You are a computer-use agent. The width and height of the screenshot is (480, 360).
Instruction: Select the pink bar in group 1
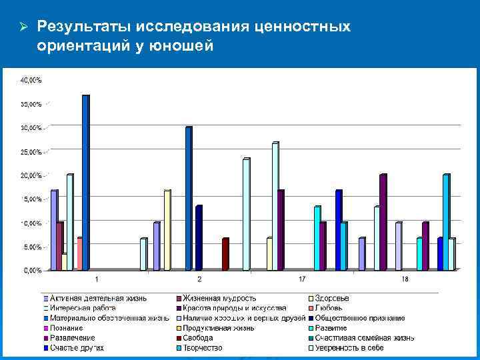click(x=79, y=254)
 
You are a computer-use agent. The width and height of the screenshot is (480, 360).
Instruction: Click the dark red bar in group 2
click(x=225, y=254)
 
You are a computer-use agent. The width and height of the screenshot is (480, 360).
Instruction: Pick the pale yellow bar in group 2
click(x=167, y=230)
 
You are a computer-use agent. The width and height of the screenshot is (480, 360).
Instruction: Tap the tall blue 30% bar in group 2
click(x=189, y=198)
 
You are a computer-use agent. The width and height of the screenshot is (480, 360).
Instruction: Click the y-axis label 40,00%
click(x=31, y=80)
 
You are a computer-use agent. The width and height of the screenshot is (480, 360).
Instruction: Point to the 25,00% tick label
click(x=31, y=152)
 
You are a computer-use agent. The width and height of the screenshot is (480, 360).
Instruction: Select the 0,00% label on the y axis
click(x=33, y=271)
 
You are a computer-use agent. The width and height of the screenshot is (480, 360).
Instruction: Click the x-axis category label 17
click(x=302, y=278)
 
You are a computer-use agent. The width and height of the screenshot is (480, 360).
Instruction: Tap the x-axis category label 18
click(x=405, y=278)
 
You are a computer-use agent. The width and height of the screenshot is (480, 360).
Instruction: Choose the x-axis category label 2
click(x=199, y=278)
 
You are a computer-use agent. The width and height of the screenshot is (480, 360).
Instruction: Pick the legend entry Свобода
click(x=200, y=338)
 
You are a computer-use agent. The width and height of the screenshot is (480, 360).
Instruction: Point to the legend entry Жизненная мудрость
click(x=220, y=298)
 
